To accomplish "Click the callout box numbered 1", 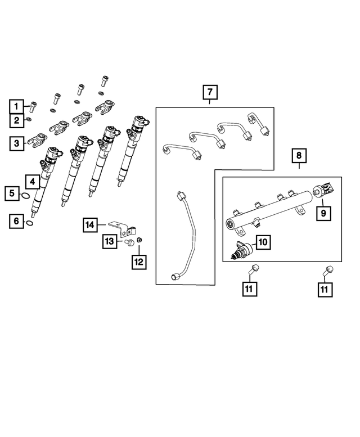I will point(17,105).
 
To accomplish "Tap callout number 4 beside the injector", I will point(32,181).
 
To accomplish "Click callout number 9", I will point(323,213).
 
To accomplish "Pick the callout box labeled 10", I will point(263,242).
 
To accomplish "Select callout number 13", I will point(110,242).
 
